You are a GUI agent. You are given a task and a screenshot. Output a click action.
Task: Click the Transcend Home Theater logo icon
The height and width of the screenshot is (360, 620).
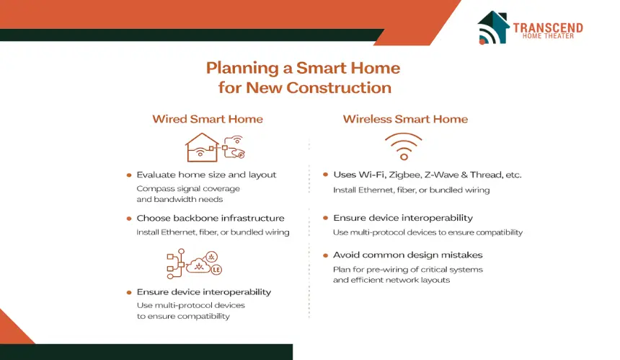coord(493,27)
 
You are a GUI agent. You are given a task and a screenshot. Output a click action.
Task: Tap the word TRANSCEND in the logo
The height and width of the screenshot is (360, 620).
coord(548,27)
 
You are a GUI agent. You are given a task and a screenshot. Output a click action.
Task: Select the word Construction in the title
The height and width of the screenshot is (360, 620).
coord(339,87)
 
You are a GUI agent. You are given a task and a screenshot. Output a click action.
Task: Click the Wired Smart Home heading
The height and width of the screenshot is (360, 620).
coord(208,119)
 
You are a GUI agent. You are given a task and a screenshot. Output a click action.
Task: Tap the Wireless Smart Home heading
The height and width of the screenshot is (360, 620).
coord(405,119)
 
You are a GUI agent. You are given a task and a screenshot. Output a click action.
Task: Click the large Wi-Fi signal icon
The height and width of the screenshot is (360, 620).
coord(403,146)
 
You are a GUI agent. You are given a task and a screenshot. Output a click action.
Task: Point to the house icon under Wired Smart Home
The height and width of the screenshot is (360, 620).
coord(202,148)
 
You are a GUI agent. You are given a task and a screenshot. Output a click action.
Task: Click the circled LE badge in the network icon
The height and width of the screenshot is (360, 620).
coord(216,270)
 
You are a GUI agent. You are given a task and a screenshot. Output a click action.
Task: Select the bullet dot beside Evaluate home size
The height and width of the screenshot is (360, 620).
coord(129,175)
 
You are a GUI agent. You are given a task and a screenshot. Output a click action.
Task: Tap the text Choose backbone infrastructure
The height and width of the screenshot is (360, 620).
coord(211,218)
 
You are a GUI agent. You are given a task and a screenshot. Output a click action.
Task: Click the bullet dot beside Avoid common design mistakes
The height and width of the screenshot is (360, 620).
coord(325,255)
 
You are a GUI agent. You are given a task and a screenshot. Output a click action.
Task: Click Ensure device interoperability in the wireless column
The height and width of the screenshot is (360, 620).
coord(403,218)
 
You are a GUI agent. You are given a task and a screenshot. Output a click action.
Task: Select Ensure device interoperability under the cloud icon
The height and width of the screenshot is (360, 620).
coord(204,292)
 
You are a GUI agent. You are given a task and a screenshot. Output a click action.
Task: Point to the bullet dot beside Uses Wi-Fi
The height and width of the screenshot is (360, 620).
coord(325,175)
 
